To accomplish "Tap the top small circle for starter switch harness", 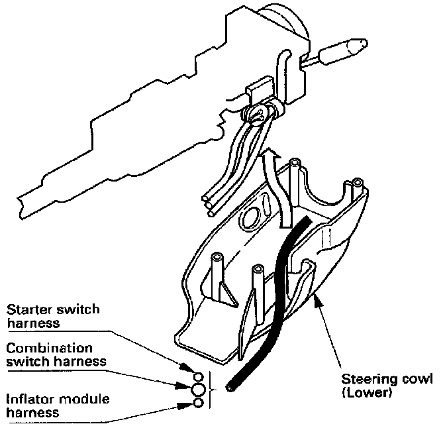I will click(x=191, y=368).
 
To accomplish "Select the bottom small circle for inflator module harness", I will click(x=197, y=403).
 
